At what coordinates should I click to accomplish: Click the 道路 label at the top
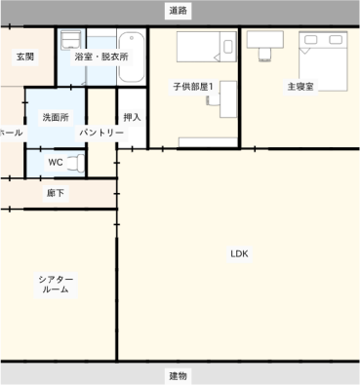tap(178, 11)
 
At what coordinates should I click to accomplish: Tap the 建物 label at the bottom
tap(178, 376)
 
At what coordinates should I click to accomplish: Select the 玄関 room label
tap(25, 57)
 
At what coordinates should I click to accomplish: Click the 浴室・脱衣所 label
tap(101, 57)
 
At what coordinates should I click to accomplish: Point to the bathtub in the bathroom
tap(132, 57)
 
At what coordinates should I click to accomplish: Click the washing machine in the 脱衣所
tap(71, 40)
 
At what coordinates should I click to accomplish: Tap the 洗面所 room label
tap(56, 117)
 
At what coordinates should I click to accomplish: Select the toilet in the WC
tap(76, 162)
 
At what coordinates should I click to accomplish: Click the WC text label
tap(56, 162)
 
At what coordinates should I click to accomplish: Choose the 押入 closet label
tap(132, 117)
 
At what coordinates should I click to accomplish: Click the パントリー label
tap(101, 133)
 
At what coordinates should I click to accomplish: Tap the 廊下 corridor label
tap(56, 193)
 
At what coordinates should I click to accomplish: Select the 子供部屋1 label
tap(193, 87)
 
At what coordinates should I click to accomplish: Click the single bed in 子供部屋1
tap(207, 47)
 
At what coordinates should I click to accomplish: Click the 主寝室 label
tap(300, 87)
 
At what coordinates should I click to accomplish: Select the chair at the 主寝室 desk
tap(265, 55)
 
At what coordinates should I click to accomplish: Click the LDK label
tap(239, 253)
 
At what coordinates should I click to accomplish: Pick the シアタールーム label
tap(56, 285)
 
